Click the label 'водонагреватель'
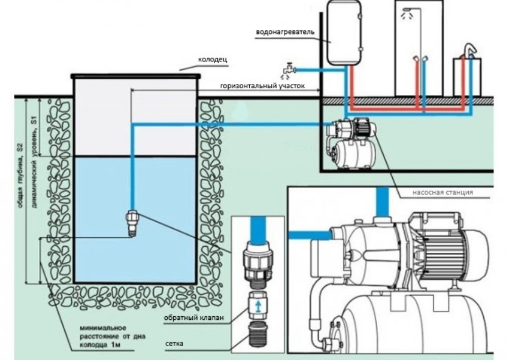click(285, 32)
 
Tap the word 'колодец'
click(213, 60)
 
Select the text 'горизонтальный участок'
click(262, 86)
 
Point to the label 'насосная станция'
click(443, 192)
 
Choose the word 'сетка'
click(174, 343)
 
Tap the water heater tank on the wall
click(344, 32)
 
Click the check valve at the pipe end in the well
click(132, 223)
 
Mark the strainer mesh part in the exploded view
click(258, 333)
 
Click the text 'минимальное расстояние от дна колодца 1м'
click(112, 336)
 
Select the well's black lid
click(136, 77)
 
